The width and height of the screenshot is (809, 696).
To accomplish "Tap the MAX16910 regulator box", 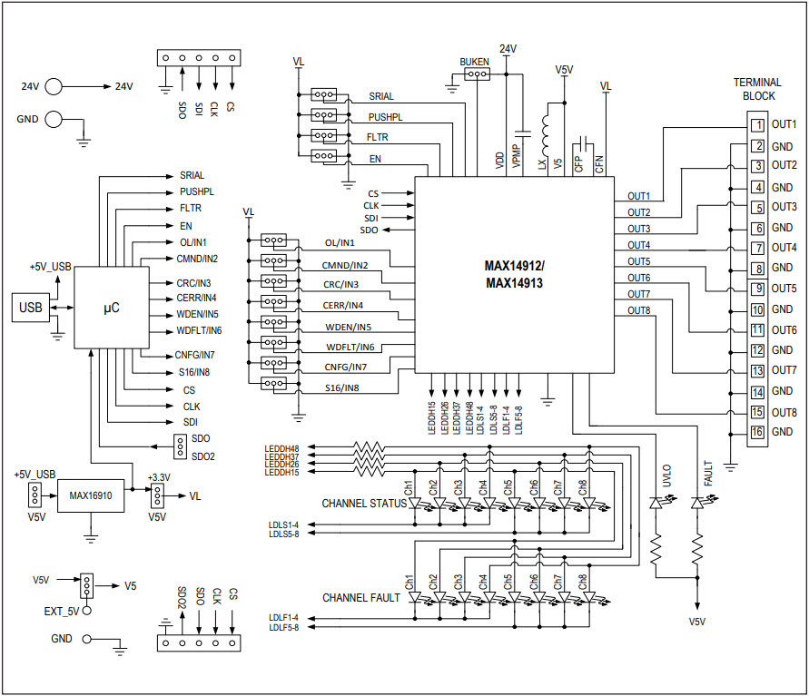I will (90, 495).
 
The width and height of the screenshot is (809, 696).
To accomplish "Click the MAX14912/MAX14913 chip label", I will (515, 274).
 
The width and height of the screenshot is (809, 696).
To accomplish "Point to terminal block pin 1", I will (755, 125).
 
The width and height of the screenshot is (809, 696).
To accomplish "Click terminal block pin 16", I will (755, 432).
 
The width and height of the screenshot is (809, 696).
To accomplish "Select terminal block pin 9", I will (755, 289).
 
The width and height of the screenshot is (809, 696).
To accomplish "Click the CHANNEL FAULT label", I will (360, 598).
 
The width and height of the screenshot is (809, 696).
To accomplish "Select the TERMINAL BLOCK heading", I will (758, 89).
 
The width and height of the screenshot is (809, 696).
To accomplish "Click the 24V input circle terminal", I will (54, 87).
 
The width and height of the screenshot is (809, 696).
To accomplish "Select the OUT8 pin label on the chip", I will (638, 311).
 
